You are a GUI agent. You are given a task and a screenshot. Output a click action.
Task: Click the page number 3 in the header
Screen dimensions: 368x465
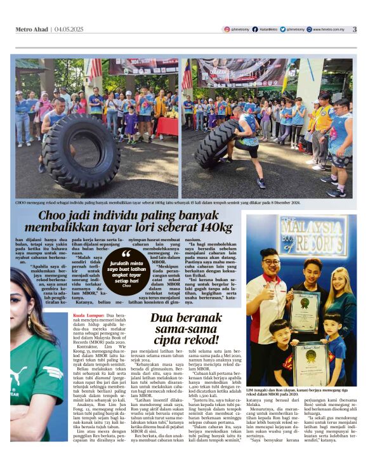355,29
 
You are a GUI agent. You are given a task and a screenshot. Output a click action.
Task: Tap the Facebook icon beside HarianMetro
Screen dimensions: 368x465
255,29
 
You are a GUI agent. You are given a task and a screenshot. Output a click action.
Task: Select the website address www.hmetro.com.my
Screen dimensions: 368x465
329,29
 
